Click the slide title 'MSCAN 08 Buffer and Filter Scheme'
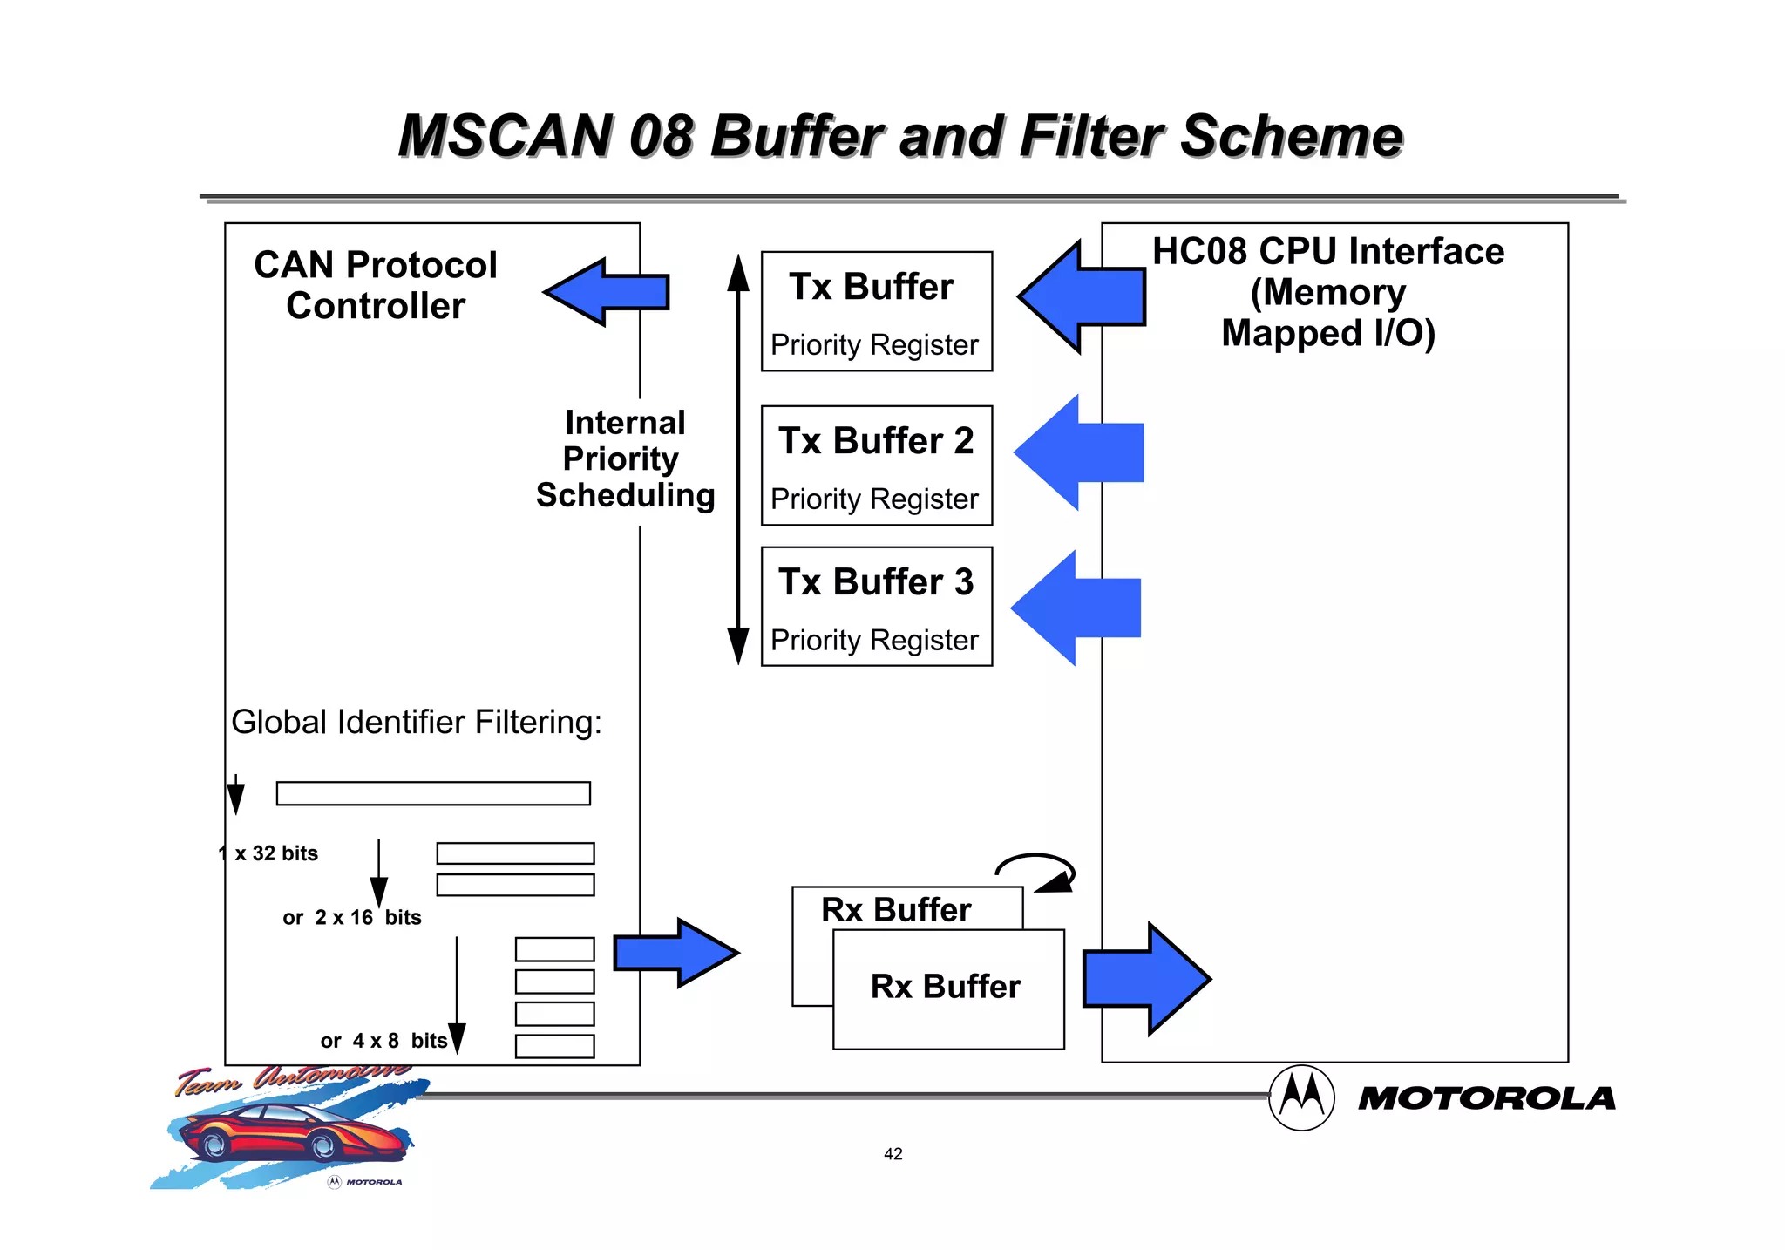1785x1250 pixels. [899, 137]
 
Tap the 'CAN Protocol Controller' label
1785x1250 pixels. [376, 285]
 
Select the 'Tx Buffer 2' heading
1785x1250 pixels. [876, 441]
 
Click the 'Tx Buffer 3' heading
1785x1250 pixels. [876, 582]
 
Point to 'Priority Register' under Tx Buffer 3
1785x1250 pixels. [874, 640]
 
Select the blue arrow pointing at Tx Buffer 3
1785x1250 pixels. [1076, 608]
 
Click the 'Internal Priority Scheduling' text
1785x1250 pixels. [625, 459]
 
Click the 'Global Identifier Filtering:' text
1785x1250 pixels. [417, 723]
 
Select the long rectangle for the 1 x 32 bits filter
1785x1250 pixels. [433, 793]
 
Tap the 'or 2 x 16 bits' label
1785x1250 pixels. [351, 918]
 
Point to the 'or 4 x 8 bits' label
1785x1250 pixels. [383, 1041]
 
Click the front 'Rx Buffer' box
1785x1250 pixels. [948, 988]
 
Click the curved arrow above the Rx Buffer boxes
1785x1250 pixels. [1037, 868]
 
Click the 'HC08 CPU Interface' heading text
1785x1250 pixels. [1327, 252]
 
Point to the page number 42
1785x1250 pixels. [892, 1154]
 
